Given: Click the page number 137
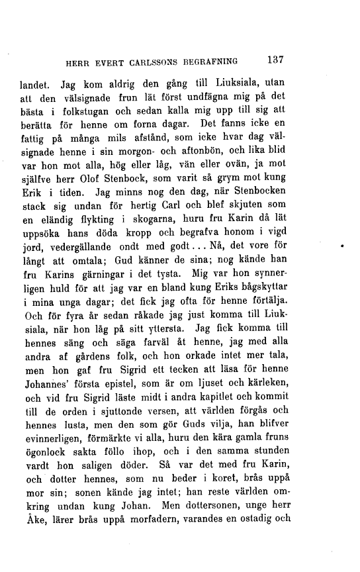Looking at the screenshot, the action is pyautogui.click(x=273, y=60).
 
